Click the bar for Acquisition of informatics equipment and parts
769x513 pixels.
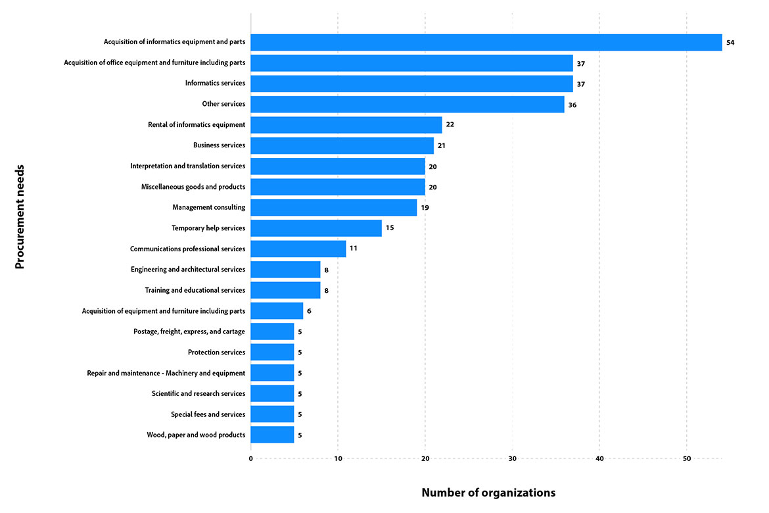click(x=486, y=42)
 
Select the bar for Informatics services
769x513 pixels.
click(x=411, y=84)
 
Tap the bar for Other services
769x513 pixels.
click(x=408, y=104)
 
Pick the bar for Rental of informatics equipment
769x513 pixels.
click(x=346, y=125)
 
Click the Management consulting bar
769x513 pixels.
click(x=334, y=208)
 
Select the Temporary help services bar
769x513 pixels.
click(x=316, y=228)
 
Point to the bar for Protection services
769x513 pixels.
click(x=272, y=353)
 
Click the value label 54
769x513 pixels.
click(x=730, y=43)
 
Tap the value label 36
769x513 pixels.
click(x=572, y=105)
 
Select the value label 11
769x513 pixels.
click(x=354, y=249)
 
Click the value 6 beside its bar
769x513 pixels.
click(x=309, y=311)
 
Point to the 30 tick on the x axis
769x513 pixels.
click(x=512, y=458)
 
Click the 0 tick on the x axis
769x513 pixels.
click(x=250, y=458)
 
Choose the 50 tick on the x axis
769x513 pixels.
click(x=686, y=458)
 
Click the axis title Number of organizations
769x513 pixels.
click(x=488, y=493)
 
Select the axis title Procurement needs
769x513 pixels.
click(x=20, y=216)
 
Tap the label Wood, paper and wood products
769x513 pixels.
click(x=196, y=435)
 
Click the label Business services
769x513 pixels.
click(x=219, y=145)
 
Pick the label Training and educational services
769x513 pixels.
click(x=195, y=290)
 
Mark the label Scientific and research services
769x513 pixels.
click(x=198, y=393)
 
